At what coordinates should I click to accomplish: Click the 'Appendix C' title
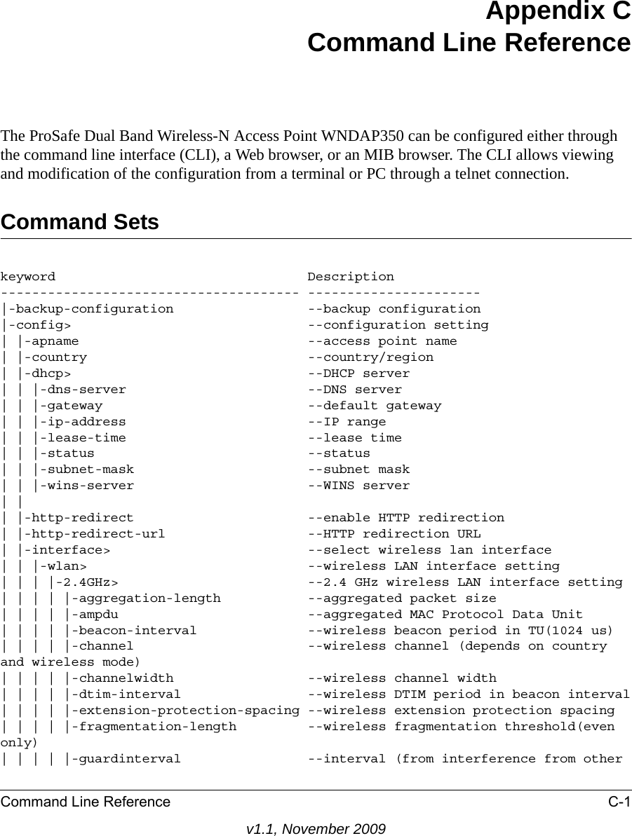click(557, 12)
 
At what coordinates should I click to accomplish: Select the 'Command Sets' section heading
click(80, 222)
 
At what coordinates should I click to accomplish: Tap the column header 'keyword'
click(28, 277)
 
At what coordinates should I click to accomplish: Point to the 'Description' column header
click(351, 277)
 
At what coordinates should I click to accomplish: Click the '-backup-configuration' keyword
click(91, 309)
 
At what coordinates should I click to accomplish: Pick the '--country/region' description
click(370, 357)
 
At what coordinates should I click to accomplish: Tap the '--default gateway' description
click(375, 406)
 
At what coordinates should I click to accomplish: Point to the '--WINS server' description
click(358, 486)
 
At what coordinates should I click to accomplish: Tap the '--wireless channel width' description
click(402, 678)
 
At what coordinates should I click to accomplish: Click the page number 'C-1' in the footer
click(617, 802)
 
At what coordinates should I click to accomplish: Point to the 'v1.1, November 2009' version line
click(316, 829)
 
